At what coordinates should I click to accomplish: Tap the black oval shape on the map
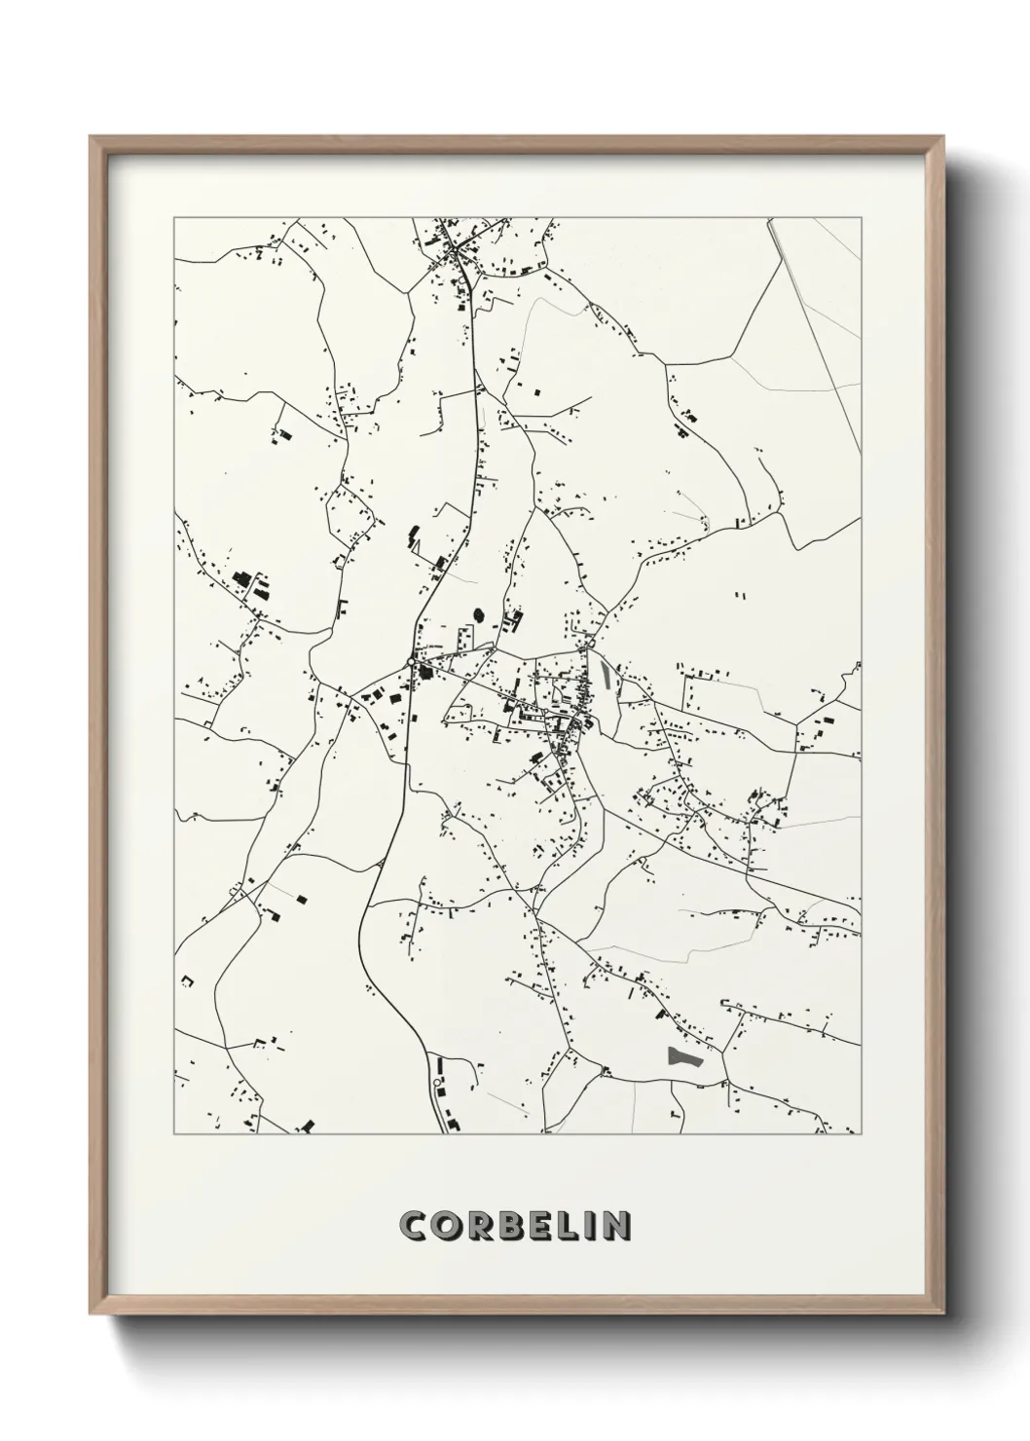tap(478, 614)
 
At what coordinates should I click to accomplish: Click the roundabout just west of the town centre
tap(412, 663)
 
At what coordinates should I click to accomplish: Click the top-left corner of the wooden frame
tap(90, 136)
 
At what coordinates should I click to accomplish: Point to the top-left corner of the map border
tap(174, 218)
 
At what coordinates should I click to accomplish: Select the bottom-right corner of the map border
tap(862, 1134)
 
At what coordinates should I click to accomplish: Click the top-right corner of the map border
tap(862, 218)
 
